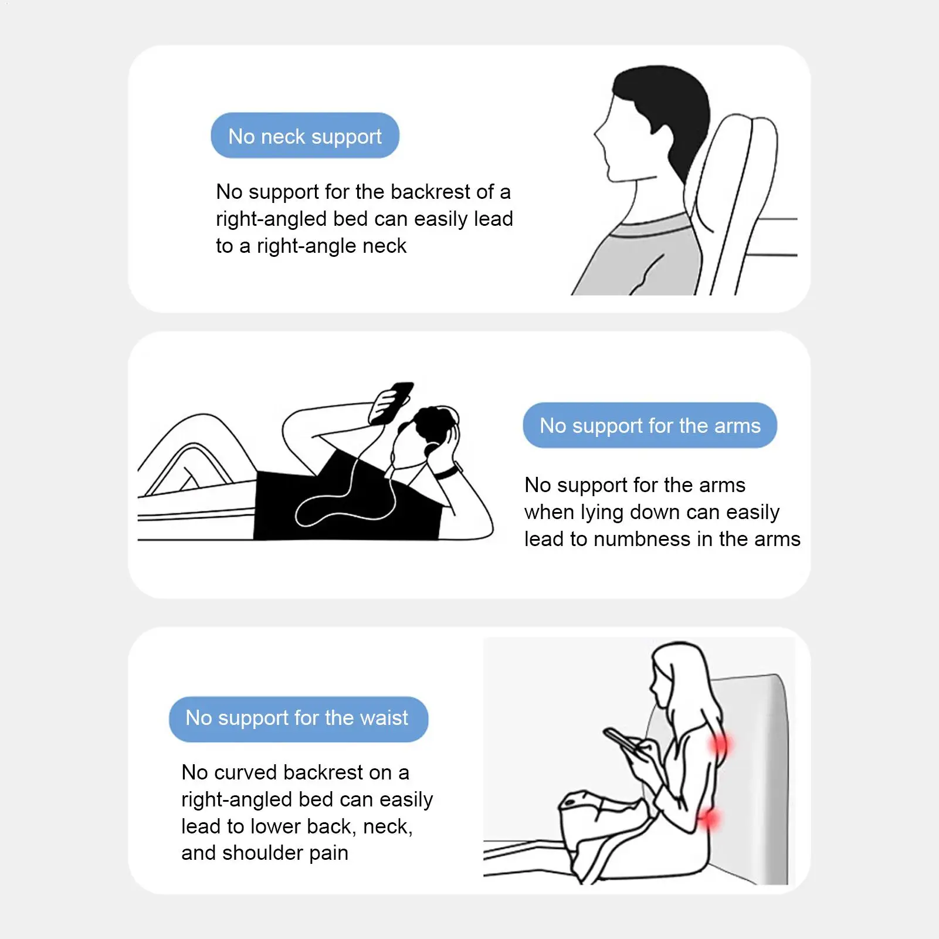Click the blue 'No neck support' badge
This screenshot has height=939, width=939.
pos(304,136)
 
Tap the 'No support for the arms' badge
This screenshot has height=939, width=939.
pos(649,426)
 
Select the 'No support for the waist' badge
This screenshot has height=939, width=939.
pos(297,718)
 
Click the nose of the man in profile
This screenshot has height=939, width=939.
pos(597,134)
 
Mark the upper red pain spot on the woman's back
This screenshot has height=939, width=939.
pos(719,745)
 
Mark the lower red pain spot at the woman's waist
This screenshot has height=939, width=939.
pos(710,818)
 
